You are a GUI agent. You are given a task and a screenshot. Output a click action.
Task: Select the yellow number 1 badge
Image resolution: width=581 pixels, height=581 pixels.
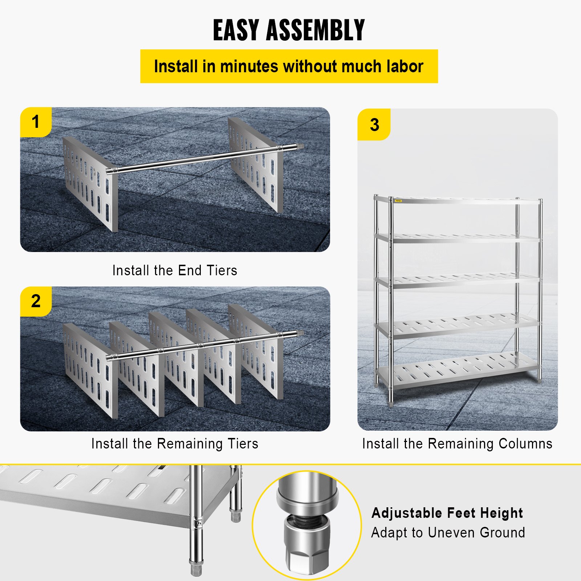[35, 122]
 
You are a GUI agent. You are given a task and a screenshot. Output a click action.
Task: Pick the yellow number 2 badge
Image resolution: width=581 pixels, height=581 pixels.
[36, 301]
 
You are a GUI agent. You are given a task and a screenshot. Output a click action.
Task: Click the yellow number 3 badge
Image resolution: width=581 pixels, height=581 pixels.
[374, 125]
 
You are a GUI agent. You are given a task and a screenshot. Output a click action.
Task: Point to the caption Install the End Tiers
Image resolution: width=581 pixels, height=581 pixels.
[175, 271]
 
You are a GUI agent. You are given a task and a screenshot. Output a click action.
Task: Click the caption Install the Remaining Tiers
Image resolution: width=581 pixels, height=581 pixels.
[175, 444]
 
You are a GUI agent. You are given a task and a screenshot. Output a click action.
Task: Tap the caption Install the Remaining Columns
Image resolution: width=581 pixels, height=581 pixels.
[457, 444]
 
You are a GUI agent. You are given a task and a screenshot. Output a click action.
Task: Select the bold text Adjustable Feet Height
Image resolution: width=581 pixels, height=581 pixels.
[447, 513]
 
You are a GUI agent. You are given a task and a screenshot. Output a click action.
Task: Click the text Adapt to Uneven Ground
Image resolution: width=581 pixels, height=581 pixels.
[448, 533]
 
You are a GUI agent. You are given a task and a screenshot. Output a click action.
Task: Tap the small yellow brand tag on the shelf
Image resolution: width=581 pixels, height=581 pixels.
[398, 201]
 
